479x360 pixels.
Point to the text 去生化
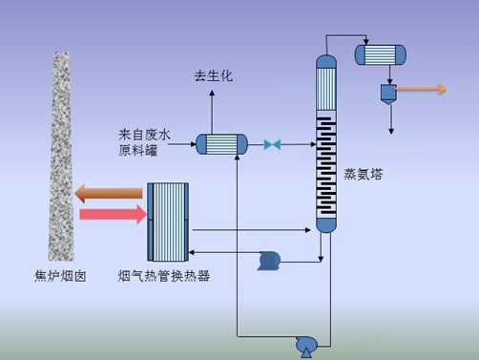(213, 75)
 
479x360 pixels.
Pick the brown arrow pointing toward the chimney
(109, 194)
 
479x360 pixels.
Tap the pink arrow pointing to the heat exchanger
(114, 216)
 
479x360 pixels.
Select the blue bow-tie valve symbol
(272, 144)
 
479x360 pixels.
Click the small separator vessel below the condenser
(388, 93)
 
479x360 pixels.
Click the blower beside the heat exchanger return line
(268, 260)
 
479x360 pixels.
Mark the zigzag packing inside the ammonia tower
(326, 167)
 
